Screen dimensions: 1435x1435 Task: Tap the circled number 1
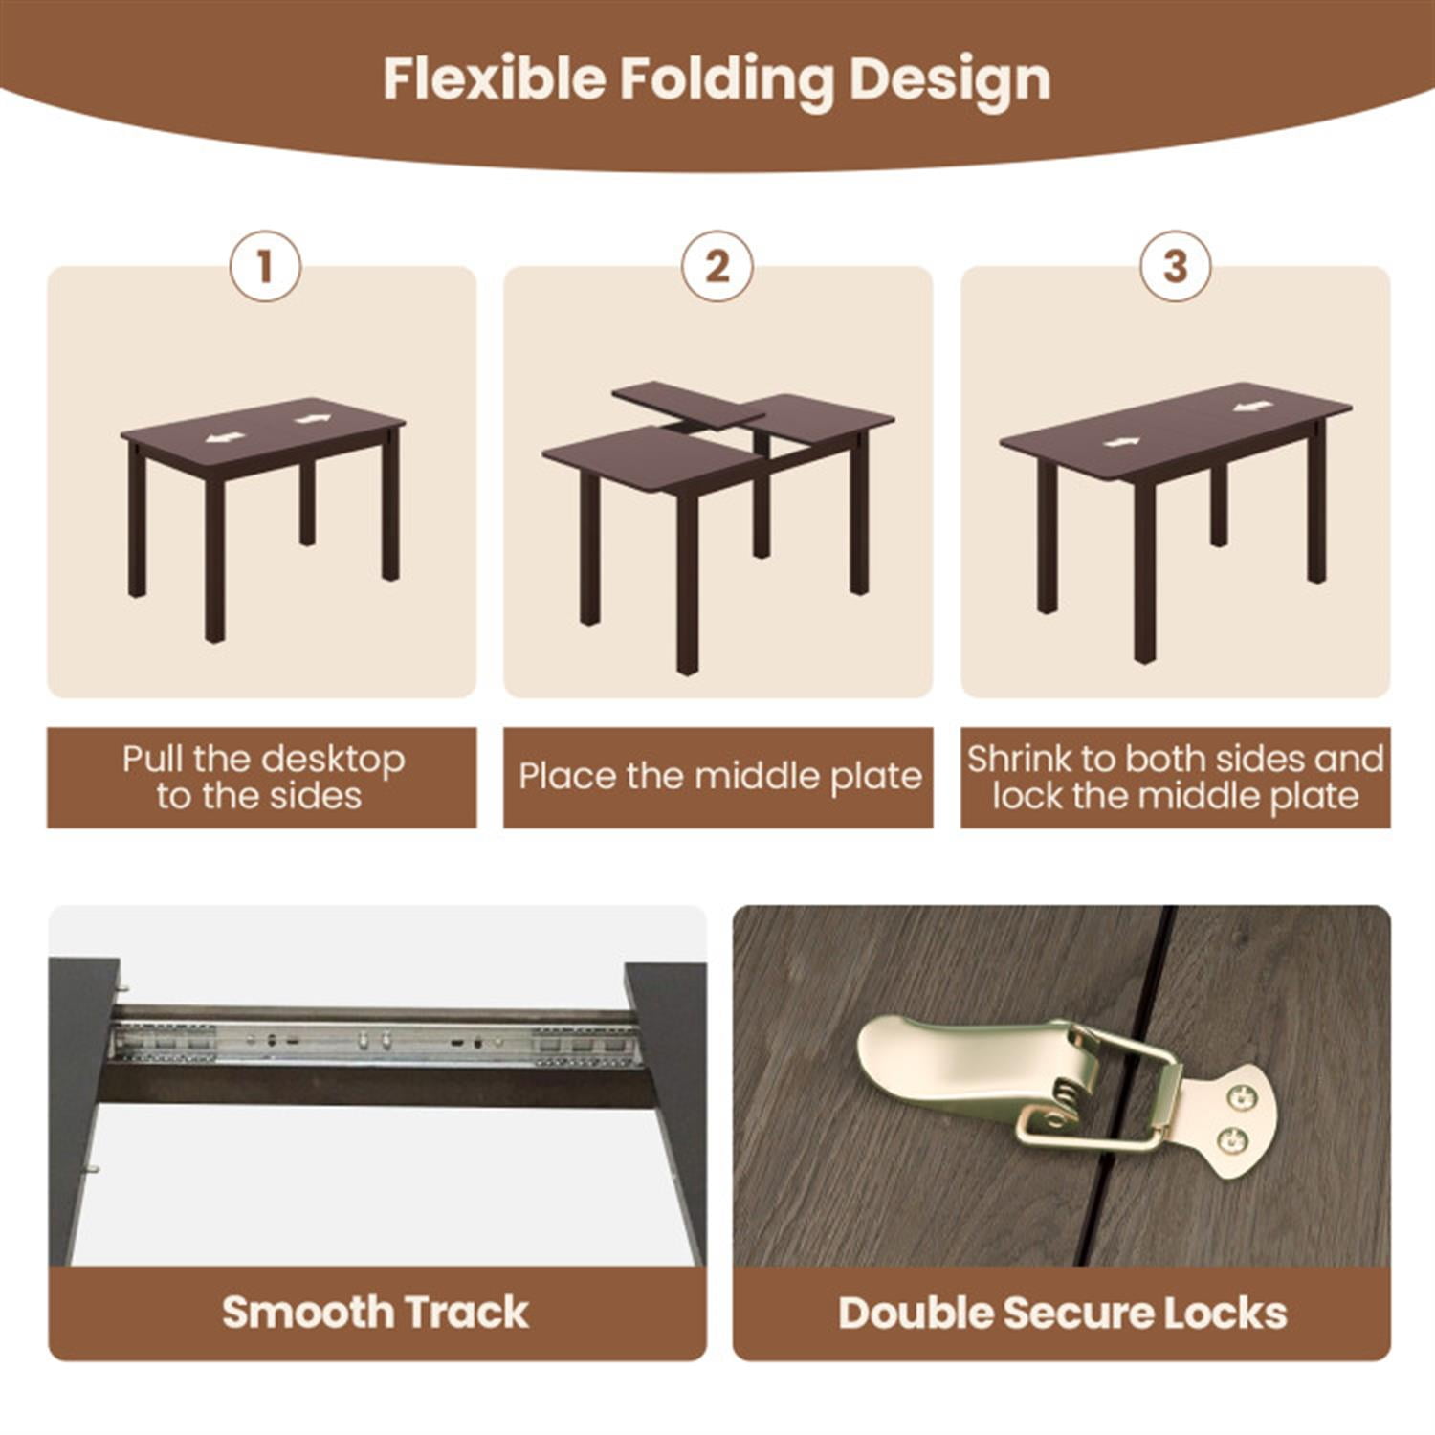coord(265,266)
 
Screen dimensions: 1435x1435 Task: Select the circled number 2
coord(717,266)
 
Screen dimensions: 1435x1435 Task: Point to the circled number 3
coord(1175,266)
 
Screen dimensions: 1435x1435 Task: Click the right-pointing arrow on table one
coord(312,419)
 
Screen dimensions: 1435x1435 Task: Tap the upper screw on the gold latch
coord(1240,1097)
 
